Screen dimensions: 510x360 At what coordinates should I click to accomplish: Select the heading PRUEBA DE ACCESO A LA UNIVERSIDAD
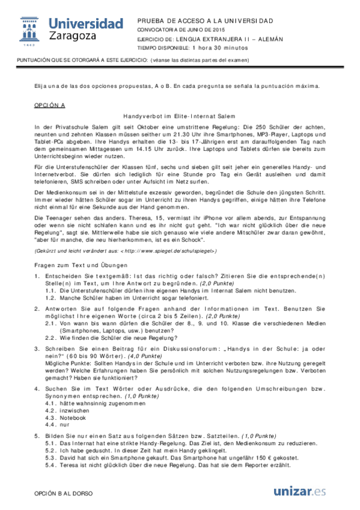pyautogui.click(x=205, y=20)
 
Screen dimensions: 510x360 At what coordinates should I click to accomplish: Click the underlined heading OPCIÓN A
pyautogui.click(x=49, y=105)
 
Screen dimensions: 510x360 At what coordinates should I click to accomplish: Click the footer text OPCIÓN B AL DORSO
pyautogui.click(x=63, y=493)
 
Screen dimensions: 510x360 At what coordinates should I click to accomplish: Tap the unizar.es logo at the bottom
pyautogui.click(x=299, y=491)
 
